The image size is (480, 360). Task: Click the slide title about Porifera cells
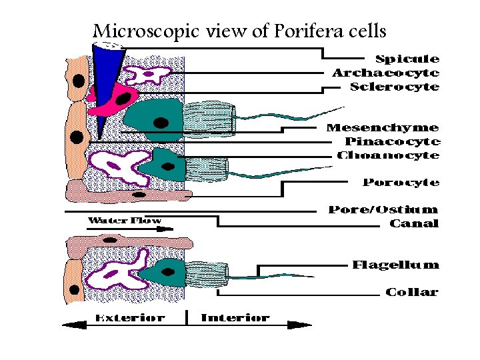coord(239,31)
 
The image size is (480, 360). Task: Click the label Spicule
coord(407,59)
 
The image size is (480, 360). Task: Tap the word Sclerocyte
coord(395,87)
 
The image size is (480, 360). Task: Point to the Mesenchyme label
coord(383,127)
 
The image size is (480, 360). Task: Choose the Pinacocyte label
coord(392,141)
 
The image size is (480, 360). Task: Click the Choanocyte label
coord(389,155)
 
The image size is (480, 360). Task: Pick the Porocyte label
coord(401,182)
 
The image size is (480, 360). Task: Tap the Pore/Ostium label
coord(383,210)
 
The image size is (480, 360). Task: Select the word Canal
coord(414,223)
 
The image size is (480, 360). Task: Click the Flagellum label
coord(395,265)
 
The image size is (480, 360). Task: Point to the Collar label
coord(412,292)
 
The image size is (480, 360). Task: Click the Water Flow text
coord(125,220)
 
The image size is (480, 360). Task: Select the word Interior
coord(235,318)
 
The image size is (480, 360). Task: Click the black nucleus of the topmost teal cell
coord(161,123)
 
